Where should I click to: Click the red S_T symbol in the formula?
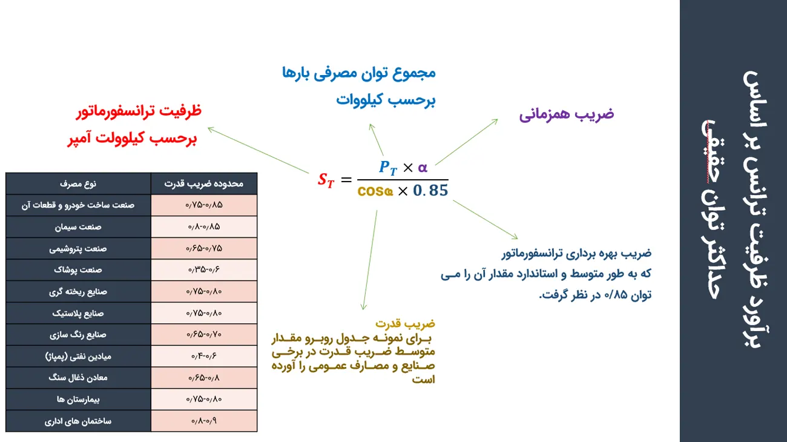point(326,180)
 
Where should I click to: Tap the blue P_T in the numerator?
point(388,168)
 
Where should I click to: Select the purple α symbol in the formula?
point(423,168)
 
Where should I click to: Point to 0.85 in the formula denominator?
point(430,191)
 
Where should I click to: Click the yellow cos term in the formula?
point(375,191)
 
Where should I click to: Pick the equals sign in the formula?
point(346,180)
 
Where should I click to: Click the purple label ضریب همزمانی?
point(567,114)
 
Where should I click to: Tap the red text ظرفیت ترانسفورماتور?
point(139,111)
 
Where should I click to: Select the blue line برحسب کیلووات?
point(386,100)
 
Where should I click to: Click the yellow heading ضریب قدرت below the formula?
point(405,323)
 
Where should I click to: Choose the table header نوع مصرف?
point(78,183)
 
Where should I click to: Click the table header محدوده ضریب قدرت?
point(204,183)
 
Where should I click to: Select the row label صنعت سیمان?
point(78,227)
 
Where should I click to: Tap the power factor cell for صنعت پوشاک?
point(204,269)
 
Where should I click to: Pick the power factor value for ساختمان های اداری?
point(204,421)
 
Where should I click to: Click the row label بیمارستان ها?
point(78,400)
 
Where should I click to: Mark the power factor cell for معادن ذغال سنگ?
point(204,378)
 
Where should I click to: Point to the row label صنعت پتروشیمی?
point(78,248)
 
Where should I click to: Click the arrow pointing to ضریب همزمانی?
point(467,142)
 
